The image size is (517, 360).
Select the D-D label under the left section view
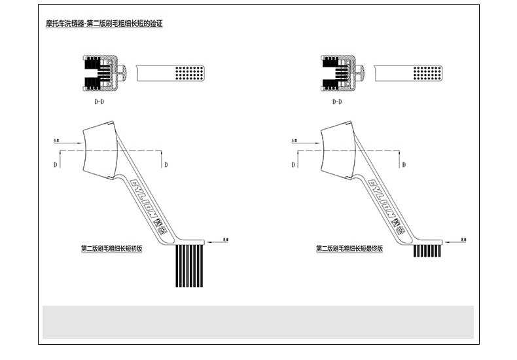[x=99, y=103]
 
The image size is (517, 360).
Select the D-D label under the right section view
[x=337, y=103]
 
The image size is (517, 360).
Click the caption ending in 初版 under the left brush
[x=111, y=249]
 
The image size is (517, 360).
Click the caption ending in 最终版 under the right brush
[x=349, y=249]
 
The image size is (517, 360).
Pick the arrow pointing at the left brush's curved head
[x=65, y=140]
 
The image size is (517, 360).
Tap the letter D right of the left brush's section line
[x=166, y=164]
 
